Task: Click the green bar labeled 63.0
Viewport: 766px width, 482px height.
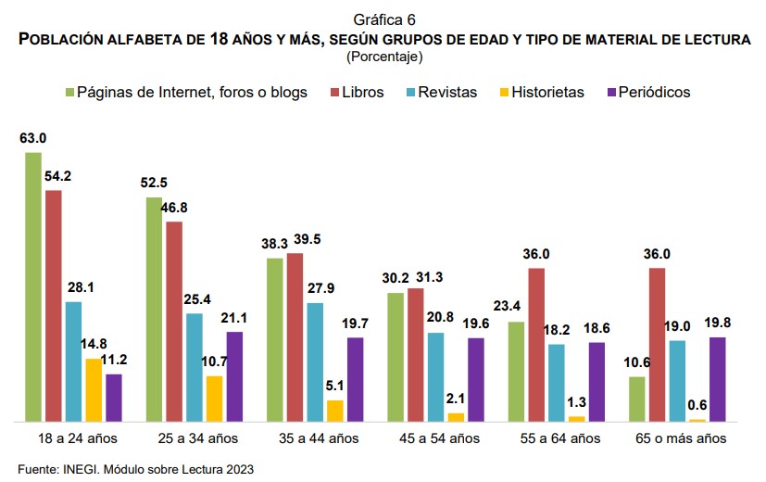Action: pyautogui.click(x=33, y=286)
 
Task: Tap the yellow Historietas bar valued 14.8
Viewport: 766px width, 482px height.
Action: pyautogui.click(x=94, y=390)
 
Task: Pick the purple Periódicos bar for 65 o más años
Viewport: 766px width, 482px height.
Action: pyautogui.click(x=717, y=379)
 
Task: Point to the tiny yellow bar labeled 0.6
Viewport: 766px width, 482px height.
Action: pyautogui.click(x=697, y=420)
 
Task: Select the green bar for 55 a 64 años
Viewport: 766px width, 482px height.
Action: pyautogui.click(x=516, y=372)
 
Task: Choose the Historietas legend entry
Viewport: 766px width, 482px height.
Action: pyautogui.click(x=540, y=93)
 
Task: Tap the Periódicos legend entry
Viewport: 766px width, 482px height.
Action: pyautogui.click(x=649, y=93)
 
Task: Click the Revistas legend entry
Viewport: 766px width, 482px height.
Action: pyautogui.click(x=440, y=93)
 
